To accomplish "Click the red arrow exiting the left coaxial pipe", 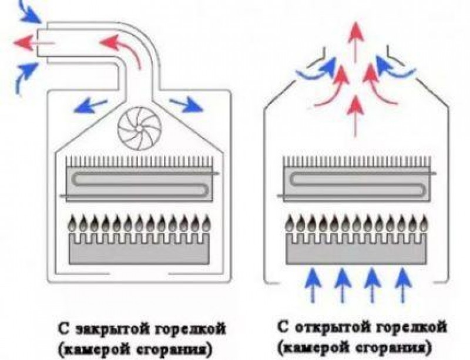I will pyautogui.click(x=23, y=42).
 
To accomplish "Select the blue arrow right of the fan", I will pyautogui.click(x=187, y=106).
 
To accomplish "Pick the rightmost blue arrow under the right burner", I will pyautogui.click(x=402, y=282).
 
